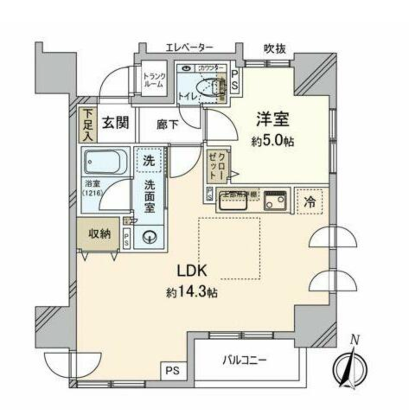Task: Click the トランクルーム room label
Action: (x=153, y=80)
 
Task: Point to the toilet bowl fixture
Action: (x=214, y=86)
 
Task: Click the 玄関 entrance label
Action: (x=115, y=124)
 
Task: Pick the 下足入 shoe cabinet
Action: (x=88, y=125)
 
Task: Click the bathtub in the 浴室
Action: (x=105, y=162)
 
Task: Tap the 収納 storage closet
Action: (x=99, y=234)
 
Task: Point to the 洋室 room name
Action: (x=273, y=119)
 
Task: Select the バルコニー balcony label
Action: (x=245, y=360)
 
